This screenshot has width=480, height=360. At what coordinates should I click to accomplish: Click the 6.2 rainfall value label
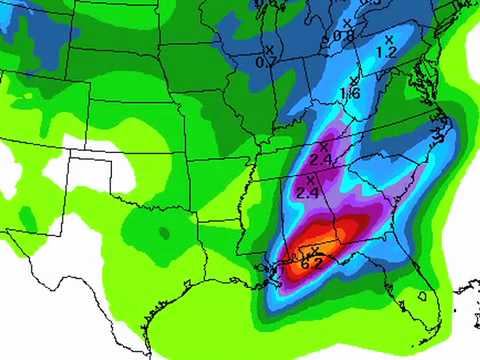tap(312, 264)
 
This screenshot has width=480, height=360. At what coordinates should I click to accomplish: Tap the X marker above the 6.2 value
tap(316, 250)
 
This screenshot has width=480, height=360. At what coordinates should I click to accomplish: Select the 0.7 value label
tap(266, 62)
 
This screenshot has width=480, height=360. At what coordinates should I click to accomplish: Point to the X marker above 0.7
tap(268, 48)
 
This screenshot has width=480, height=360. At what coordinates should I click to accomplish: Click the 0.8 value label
tap(345, 36)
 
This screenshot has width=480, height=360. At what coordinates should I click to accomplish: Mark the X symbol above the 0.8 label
tap(347, 22)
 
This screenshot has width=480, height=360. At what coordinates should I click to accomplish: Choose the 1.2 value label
tap(387, 51)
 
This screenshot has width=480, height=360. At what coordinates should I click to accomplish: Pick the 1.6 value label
tap(350, 94)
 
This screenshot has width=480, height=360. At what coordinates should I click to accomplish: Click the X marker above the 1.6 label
tap(353, 81)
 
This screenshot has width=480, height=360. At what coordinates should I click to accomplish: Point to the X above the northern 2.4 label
tap(324, 147)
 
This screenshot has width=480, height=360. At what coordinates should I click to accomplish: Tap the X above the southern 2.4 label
tap(310, 179)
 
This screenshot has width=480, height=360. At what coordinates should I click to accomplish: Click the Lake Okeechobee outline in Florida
tap(424, 297)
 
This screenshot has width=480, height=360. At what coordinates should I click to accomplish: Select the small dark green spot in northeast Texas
tap(162, 233)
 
